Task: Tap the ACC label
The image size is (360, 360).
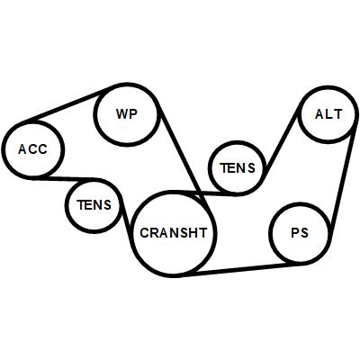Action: pos(32,149)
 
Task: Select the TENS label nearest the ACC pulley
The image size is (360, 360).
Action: pos(94,205)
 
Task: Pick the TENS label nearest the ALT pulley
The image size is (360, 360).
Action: pos(238,168)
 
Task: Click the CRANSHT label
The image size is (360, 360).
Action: pos(174,233)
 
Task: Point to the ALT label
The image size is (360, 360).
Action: pos(328,114)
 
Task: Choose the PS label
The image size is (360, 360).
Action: pos(300,233)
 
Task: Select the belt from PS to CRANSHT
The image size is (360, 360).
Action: pos(240,269)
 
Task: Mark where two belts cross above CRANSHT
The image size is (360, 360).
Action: pos(200,193)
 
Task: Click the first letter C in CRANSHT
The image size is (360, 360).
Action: pos(145,233)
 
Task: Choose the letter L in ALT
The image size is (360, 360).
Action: pos(328,114)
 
